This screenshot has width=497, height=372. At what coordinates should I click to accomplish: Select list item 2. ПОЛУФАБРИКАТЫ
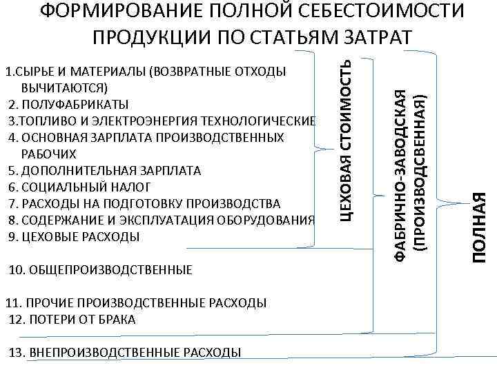pos(68,104)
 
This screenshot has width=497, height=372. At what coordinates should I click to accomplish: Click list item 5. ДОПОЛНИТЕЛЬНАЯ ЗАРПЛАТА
pos(105,170)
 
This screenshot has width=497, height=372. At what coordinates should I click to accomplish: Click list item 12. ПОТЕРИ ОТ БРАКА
pos(72,320)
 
